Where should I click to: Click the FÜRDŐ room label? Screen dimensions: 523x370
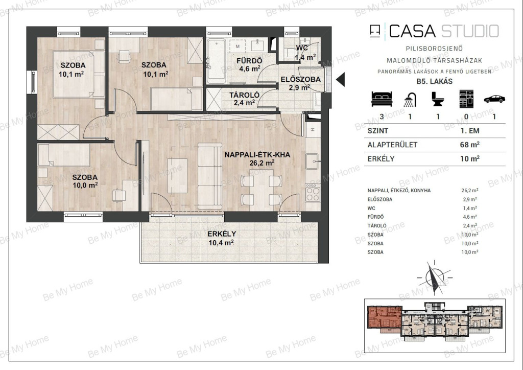(249, 61)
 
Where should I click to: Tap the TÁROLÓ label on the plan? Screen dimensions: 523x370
(244, 96)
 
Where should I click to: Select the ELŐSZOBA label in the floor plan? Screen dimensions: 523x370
(300, 79)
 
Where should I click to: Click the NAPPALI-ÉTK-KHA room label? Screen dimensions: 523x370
(257, 155)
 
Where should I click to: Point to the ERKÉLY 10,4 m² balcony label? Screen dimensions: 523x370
(222, 238)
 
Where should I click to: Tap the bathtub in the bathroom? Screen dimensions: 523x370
(217, 61)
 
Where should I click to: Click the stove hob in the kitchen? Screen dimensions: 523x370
(313, 193)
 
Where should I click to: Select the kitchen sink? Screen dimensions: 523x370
(313, 161)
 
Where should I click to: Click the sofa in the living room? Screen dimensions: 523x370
(210, 176)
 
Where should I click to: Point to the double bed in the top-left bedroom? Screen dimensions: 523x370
(78, 74)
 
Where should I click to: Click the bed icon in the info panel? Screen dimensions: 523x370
(382, 99)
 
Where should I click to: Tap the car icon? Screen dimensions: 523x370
(494, 99)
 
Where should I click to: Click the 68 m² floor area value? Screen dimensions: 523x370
(470, 145)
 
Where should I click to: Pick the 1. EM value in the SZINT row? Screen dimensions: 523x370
(470, 131)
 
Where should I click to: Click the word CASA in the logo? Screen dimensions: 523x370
(412, 31)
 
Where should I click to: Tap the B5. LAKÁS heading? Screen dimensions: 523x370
(435, 81)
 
